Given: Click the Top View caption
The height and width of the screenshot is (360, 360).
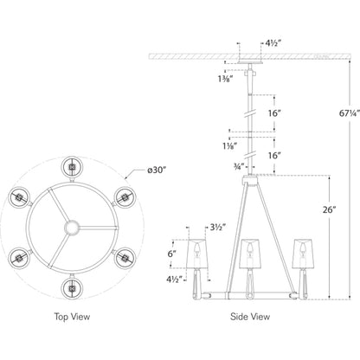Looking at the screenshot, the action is coord(72,317).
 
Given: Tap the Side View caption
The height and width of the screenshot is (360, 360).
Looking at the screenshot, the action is coord(250,317).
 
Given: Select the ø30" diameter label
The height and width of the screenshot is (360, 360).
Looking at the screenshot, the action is coord(157,170).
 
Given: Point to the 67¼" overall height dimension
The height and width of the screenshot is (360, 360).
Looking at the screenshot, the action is coord(350,113).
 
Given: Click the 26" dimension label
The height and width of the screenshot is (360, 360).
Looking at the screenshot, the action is coord(330,209).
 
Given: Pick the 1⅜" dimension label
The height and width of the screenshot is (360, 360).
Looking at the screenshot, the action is coord(225,79).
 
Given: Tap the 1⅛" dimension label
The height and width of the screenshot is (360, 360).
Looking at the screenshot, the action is coord(230,146).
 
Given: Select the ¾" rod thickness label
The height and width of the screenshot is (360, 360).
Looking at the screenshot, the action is coord(239,166).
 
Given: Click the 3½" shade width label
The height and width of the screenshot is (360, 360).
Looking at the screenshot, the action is coord(217,228).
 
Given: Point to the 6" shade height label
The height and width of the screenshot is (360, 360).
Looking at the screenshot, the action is coord(172,254).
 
